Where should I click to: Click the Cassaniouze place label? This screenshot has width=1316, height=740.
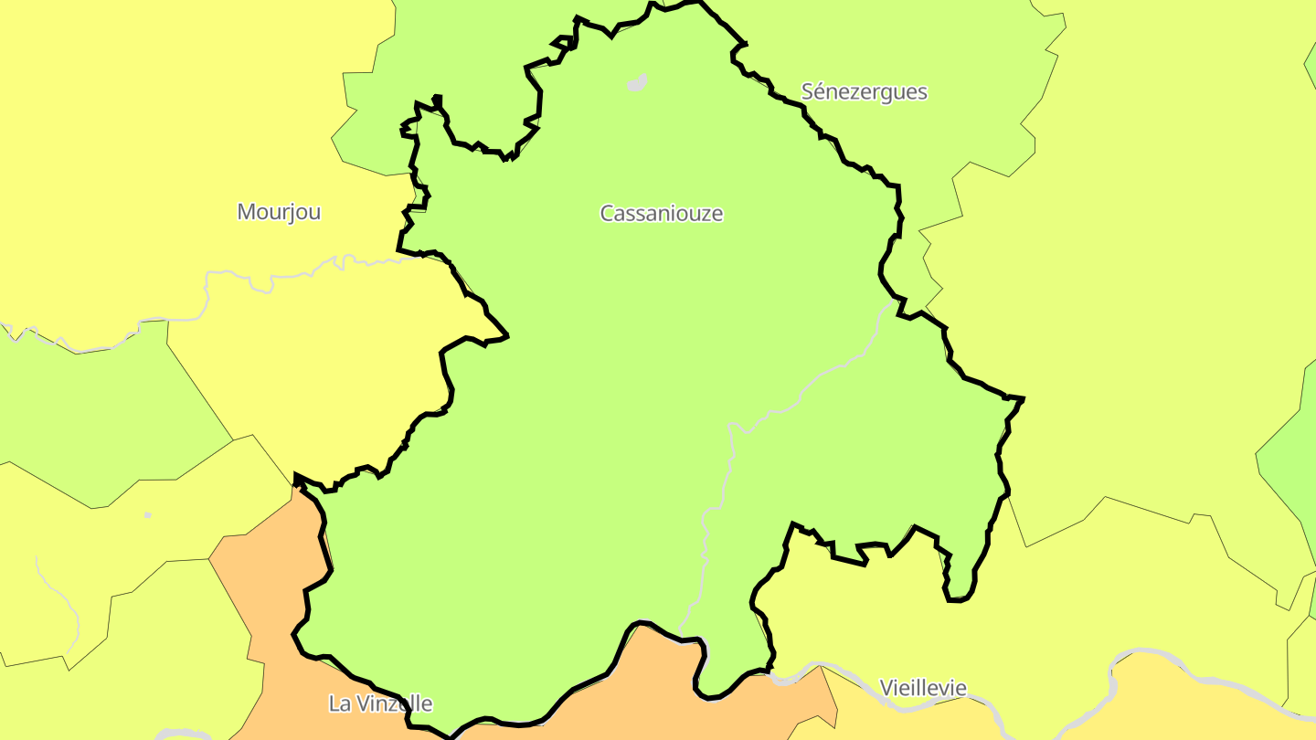[661, 214]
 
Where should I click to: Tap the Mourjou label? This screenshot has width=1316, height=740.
[279, 212]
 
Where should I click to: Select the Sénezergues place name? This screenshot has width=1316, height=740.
[864, 92]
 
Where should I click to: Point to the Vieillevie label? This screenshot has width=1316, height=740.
[922, 688]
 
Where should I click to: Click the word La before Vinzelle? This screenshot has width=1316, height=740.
[339, 704]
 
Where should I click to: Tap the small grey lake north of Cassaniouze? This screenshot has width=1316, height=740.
[637, 83]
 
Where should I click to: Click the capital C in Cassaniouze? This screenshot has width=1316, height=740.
[607, 214]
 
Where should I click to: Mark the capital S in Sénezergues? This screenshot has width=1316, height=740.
[807, 92]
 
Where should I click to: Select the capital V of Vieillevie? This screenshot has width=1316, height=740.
[886, 688]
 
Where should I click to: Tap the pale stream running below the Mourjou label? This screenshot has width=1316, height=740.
[274, 274]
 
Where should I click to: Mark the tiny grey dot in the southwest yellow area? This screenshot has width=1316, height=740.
[148, 515]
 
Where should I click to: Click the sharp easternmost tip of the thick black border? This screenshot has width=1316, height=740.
[1023, 398]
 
